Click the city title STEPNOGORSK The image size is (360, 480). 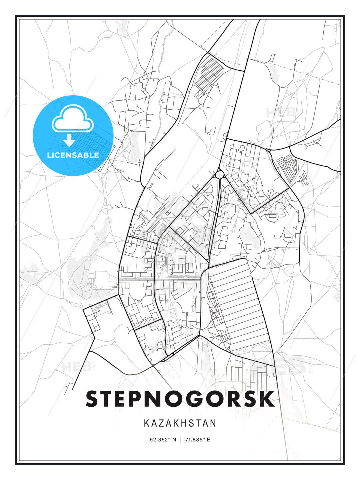tap(180, 399)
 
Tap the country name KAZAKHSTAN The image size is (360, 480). tap(180, 423)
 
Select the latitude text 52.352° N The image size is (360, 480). tap(163, 440)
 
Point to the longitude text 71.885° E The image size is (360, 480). tap(198, 440)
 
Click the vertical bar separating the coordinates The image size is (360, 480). tap(181, 440)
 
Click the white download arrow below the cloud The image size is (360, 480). tap(69, 140)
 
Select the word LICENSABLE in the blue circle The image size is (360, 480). tap(73, 155)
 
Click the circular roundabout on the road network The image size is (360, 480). tap(219, 174)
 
